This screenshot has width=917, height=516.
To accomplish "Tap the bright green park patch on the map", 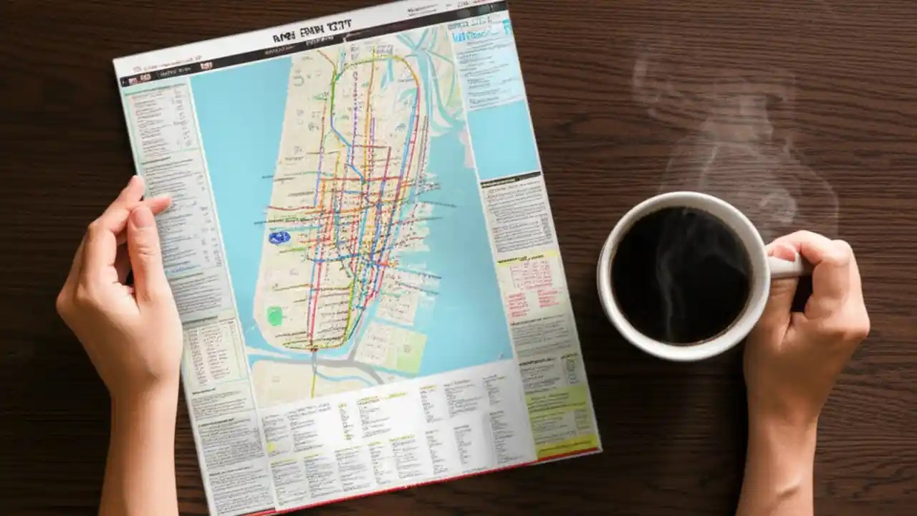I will (x=274, y=316).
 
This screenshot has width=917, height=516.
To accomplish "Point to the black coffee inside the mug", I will (x=681, y=275).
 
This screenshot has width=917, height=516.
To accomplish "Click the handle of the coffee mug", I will (x=788, y=266).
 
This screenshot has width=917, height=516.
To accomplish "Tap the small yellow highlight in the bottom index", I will (x=272, y=446).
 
